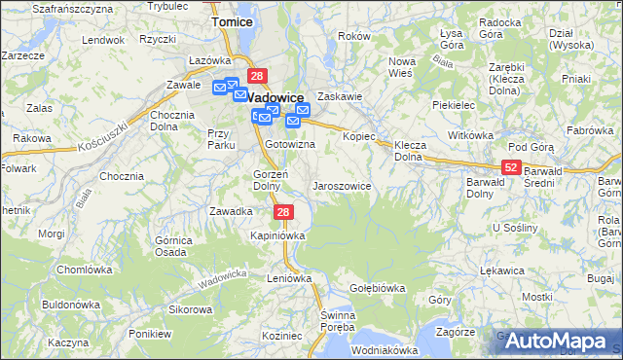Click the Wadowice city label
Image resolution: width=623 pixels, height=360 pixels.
275,97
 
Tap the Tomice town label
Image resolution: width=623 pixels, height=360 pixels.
232,20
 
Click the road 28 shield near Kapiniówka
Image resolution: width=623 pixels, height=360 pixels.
282,212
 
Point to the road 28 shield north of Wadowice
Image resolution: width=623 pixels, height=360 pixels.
257,76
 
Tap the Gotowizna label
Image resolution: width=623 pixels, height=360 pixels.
290,144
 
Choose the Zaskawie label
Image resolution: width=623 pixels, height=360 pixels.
340,96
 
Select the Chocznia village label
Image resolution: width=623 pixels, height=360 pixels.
122,176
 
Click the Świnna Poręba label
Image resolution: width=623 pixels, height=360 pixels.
338,320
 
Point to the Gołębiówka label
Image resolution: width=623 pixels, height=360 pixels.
377,288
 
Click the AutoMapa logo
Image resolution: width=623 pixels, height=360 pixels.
563,341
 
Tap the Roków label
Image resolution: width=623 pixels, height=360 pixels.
354,36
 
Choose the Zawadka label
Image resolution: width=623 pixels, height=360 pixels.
232,210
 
